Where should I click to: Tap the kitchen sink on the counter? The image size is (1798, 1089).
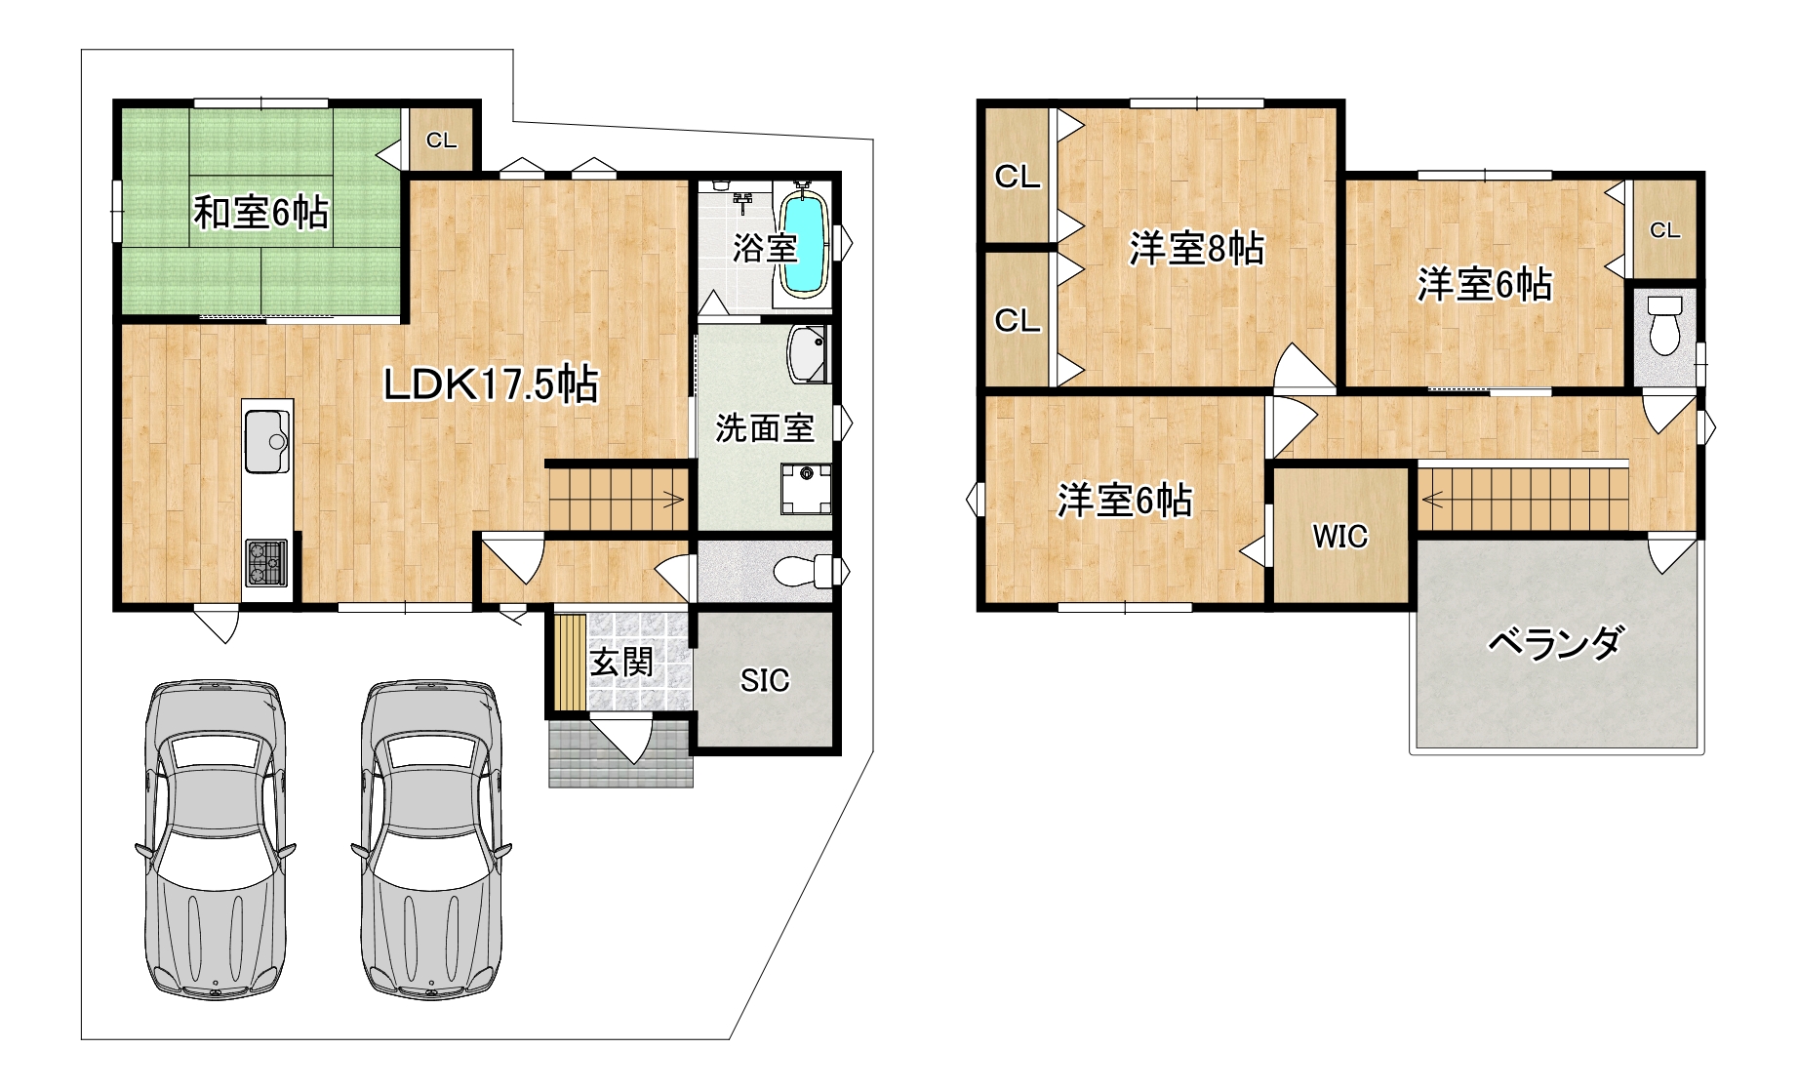267,441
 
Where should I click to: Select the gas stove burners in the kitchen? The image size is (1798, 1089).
266,562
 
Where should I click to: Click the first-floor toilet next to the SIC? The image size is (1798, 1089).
805,571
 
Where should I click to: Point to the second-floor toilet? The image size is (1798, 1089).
1664,324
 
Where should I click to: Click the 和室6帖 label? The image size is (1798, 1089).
260,212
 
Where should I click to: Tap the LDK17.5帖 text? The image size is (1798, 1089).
491,384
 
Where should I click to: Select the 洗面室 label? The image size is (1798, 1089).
765,427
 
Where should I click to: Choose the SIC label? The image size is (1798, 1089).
765,680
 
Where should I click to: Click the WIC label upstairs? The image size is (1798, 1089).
1340,536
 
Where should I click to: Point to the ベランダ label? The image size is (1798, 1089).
1555,642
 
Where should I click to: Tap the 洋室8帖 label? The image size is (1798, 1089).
1197,248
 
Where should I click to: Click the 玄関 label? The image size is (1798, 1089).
621,663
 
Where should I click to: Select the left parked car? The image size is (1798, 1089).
215,839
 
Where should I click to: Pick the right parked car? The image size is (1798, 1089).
430,839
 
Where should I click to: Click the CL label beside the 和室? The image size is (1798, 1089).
441,141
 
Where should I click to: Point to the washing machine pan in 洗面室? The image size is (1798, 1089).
806,489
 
